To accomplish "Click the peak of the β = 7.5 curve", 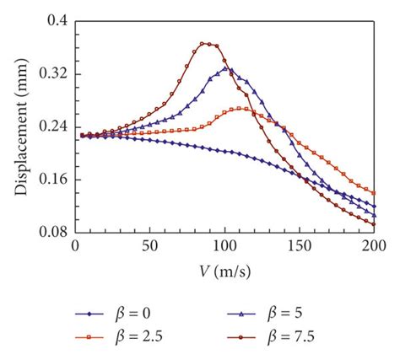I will [x=203, y=43].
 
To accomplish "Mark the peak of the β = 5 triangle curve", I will [x=225, y=69].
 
